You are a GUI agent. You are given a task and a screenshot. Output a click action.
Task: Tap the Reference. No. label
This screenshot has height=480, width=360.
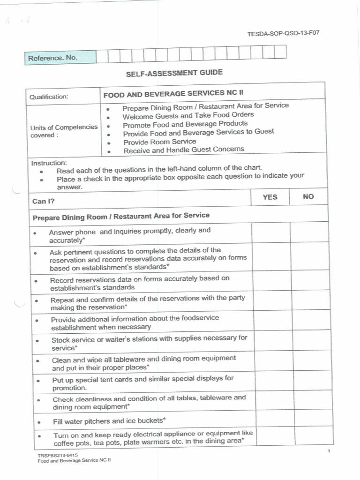[x=52, y=58]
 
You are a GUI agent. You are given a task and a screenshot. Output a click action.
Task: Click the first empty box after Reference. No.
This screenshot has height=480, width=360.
[x=102, y=56]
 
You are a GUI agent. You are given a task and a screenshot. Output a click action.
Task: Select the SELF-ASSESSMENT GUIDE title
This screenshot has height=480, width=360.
[x=174, y=73]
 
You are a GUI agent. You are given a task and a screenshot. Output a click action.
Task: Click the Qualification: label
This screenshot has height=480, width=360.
[x=49, y=97]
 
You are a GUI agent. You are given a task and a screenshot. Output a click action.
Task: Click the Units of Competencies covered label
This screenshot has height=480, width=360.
[x=64, y=131]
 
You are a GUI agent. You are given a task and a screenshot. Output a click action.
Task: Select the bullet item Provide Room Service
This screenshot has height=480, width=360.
[x=159, y=142]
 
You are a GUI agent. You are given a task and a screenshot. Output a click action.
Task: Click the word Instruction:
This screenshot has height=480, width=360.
[x=49, y=163]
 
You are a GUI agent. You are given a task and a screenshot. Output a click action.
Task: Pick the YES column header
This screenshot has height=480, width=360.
[x=270, y=197]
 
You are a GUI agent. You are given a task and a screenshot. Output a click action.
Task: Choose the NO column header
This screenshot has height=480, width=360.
[x=308, y=197]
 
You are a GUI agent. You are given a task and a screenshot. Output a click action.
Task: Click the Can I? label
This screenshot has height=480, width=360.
[x=43, y=202]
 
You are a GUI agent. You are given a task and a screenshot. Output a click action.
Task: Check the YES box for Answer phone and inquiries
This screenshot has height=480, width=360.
[x=271, y=233]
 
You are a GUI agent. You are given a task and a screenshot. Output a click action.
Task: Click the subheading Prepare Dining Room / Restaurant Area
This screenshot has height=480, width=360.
[x=121, y=216]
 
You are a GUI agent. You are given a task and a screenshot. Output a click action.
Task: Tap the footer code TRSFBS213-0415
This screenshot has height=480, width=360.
[x=58, y=455]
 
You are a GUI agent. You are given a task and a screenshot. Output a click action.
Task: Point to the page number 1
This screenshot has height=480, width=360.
[x=330, y=451]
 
